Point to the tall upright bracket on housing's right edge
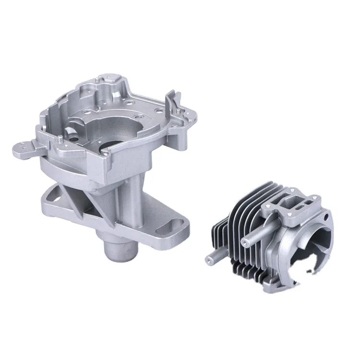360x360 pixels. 169,103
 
